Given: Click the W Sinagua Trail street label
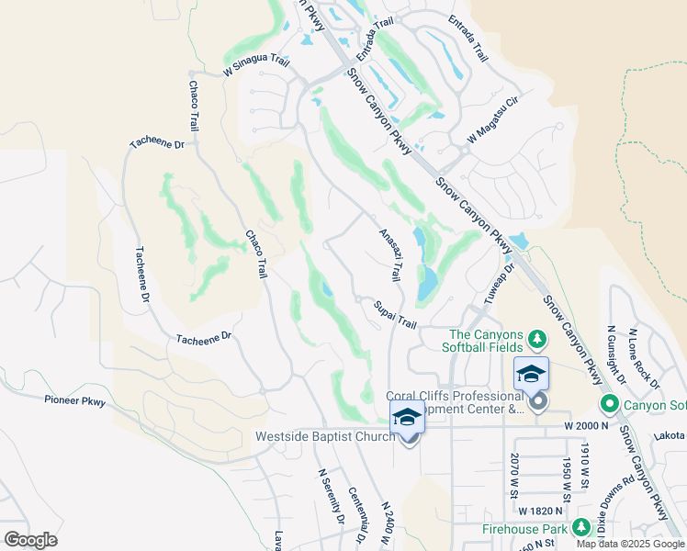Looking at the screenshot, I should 256,67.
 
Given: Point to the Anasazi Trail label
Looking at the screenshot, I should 391,254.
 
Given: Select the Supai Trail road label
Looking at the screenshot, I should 395,314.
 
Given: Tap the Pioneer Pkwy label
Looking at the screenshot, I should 75,400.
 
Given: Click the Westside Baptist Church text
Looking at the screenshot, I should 326,436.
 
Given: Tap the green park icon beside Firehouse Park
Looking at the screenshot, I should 580,527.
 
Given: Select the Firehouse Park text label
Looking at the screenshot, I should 526,530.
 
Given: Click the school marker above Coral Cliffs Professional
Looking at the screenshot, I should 531,374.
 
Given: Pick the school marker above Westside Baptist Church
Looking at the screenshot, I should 407,417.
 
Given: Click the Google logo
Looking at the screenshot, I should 30,540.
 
